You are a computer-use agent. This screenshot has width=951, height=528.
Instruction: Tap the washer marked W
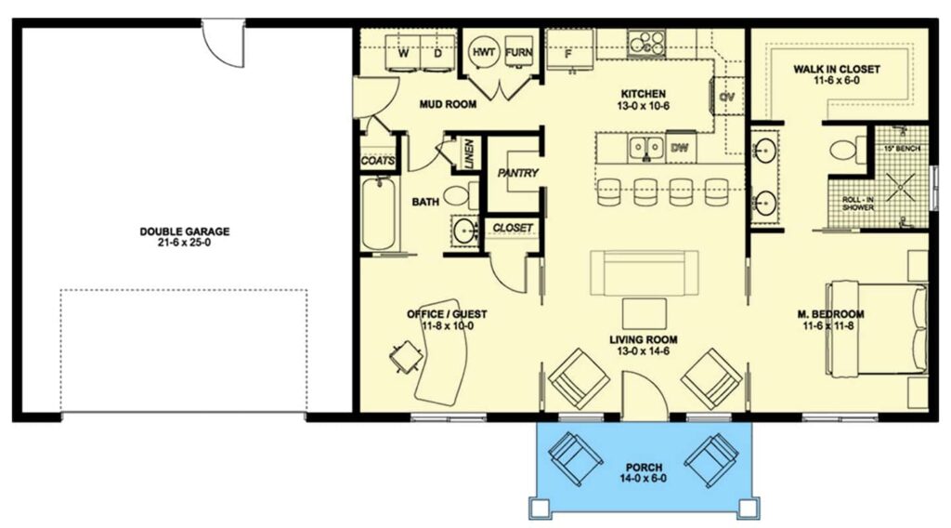click(403, 53)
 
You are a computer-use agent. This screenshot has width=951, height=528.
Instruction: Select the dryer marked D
click(438, 53)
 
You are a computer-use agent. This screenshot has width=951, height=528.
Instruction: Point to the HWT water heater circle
click(484, 53)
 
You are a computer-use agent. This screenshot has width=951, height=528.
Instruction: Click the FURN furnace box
click(518, 53)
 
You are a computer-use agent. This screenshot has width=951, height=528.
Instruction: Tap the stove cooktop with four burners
click(646, 43)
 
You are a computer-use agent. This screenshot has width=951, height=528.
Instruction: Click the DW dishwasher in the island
click(681, 148)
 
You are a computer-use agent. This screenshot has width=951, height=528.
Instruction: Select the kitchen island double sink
click(646, 148)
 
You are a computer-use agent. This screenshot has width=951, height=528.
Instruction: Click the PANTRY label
click(518, 173)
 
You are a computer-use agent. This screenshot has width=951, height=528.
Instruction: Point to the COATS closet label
click(378, 162)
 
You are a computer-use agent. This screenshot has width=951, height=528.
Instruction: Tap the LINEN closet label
click(469, 153)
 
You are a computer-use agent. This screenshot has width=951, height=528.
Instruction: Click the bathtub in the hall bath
click(378, 213)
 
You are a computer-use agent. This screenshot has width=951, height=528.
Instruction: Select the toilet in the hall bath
click(460, 195)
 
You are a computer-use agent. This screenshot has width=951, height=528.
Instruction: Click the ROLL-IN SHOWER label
click(858, 204)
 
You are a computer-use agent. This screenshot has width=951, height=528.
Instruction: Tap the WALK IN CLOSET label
click(837, 74)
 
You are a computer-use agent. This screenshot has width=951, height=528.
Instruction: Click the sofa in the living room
click(645, 273)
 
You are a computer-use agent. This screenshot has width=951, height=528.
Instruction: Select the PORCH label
click(645, 473)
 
